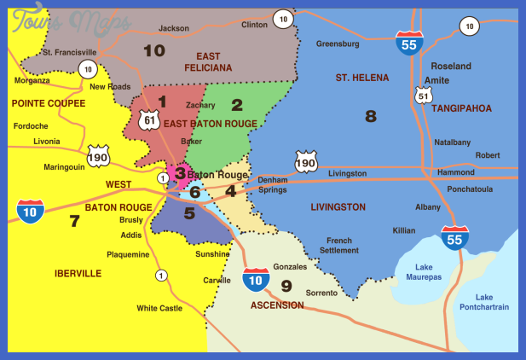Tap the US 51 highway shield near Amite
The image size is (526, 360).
pos(423,96)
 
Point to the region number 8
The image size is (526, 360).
pos(370,115)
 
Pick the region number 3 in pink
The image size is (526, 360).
pos(179,173)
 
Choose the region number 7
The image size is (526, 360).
pos(74,221)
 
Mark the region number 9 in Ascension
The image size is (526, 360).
pos(286,285)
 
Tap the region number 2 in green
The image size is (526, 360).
pos(237,105)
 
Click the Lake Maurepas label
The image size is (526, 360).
pos(418,273)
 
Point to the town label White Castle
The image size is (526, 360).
pos(159,308)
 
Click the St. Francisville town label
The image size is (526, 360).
pos(72,52)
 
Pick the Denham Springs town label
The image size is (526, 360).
pos(273,185)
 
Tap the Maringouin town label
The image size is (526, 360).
pos(64,167)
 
